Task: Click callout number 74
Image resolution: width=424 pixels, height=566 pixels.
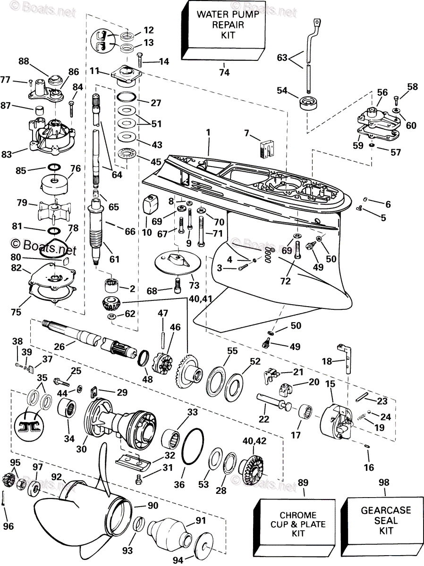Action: click(x=224, y=72)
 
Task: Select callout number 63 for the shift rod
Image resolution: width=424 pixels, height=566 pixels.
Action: click(x=282, y=58)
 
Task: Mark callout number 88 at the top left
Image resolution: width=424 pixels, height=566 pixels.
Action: click(x=24, y=61)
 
